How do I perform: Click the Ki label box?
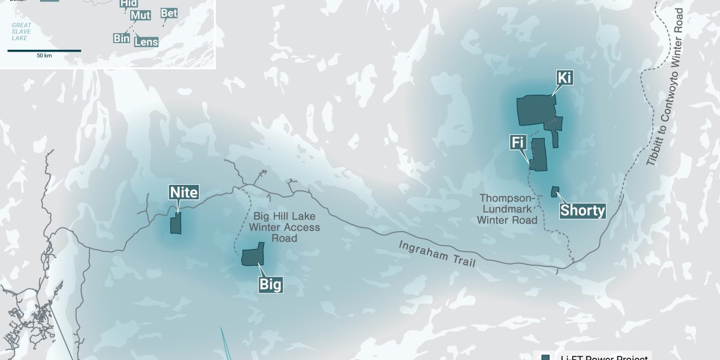pyautogui.click(x=564, y=79)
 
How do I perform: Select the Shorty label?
pyautogui.click(x=582, y=211)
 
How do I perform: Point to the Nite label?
pyautogui.click(x=184, y=193)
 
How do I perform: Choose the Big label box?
pyautogui.click(x=270, y=284)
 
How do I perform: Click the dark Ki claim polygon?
pyautogui.click(x=536, y=110)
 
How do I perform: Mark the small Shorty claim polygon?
pyautogui.click(x=555, y=191)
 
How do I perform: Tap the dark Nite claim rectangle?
pyautogui.click(x=176, y=224)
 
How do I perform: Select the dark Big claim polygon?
pyautogui.click(x=253, y=256)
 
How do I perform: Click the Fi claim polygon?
pyautogui.click(x=538, y=155)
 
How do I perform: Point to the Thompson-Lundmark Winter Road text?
pyautogui.click(x=507, y=209)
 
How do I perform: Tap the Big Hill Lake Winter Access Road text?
pyautogui.click(x=284, y=227)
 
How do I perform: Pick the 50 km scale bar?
pyautogui.click(x=44, y=51)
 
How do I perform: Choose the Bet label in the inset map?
pyautogui.click(x=169, y=13)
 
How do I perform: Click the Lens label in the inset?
pyautogui.click(x=146, y=42)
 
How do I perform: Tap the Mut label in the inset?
pyautogui.click(x=140, y=16)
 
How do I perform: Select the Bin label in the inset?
pyautogui.click(x=121, y=38)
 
